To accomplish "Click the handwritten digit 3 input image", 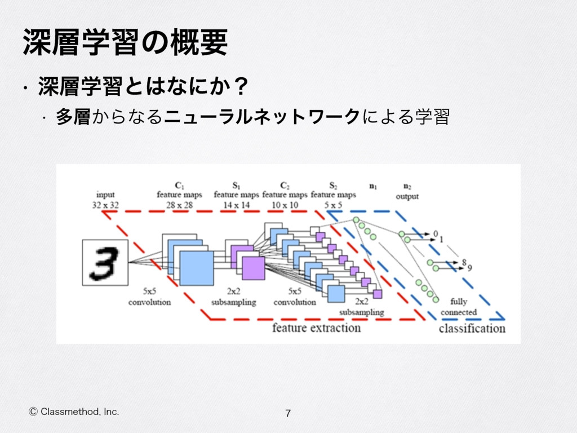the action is [x=105, y=262].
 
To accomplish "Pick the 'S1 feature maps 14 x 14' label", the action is [x=236, y=195].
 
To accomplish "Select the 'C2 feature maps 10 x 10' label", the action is [x=285, y=195].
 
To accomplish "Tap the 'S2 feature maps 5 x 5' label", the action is [x=333, y=195].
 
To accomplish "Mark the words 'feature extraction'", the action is [x=316, y=328].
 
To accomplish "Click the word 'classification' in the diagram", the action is [x=472, y=328].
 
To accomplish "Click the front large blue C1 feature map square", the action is [x=197, y=268].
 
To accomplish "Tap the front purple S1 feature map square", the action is [x=253, y=268].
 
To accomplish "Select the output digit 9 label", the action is [x=470, y=267].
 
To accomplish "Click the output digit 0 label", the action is [x=435, y=233].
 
